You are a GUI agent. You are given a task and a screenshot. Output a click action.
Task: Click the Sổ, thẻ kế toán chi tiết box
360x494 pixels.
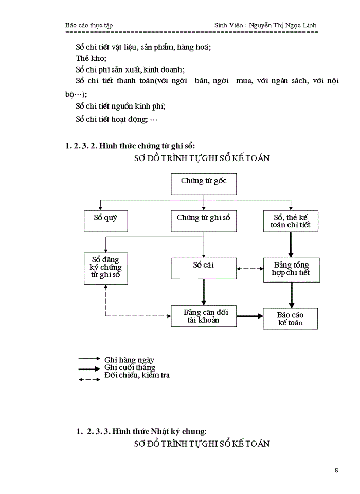click(291, 221)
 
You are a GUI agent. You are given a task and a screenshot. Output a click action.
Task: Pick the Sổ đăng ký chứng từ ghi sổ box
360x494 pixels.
click(105, 268)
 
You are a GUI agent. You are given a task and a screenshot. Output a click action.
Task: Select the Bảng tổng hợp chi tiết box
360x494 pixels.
click(291, 269)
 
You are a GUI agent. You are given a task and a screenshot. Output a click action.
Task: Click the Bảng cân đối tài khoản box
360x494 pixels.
click(204, 315)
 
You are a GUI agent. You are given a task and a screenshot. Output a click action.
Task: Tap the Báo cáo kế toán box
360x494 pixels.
click(290, 319)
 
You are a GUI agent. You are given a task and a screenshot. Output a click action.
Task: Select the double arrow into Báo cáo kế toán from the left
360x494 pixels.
click(250, 316)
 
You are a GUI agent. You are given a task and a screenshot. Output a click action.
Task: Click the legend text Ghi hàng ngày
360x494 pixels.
click(129, 360)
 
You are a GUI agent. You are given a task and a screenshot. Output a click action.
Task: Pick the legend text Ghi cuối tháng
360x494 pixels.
click(129, 367)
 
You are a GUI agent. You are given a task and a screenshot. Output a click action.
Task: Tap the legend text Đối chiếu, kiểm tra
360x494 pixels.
click(136, 375)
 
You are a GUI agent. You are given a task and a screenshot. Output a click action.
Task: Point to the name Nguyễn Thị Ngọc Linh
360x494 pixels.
click(292, 25)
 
